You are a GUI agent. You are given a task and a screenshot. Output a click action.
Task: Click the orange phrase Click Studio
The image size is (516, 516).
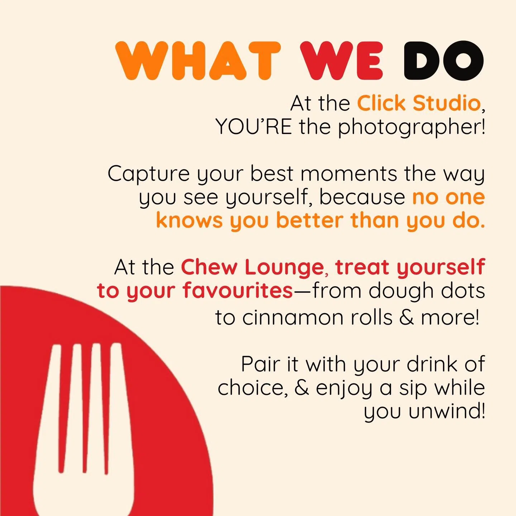point(419,103)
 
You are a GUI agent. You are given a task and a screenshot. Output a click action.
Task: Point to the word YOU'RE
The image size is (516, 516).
point(254,126)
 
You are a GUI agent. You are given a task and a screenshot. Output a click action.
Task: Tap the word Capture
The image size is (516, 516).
point(148,174)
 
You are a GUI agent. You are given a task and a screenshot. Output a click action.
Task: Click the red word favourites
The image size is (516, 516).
point(238,290)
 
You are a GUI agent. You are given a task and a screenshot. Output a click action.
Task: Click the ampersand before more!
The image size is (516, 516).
point(406,317)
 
